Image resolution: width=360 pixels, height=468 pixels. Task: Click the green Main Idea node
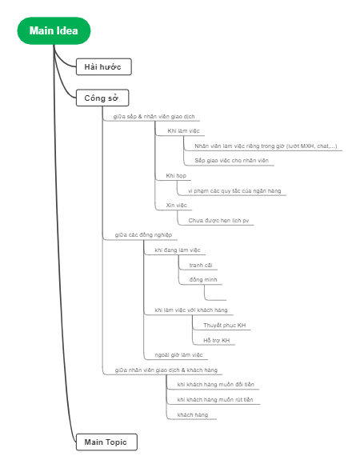click(54, 30)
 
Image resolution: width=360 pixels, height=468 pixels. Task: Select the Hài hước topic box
click(102, 66)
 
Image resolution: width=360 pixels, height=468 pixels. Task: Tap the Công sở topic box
click(102, 98)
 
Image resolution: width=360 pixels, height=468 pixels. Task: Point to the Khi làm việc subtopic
click(183, 130)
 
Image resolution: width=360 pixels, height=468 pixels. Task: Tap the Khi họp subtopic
click(177, 175)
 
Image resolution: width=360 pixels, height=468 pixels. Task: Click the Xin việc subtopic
click(177, 205)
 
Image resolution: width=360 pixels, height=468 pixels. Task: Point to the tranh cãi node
click(201, 265)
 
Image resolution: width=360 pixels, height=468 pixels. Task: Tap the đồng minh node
click(202, 280)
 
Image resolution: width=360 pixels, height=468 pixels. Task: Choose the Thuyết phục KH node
click(224, 326)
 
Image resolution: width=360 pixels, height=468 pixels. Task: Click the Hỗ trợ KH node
click(216, 341)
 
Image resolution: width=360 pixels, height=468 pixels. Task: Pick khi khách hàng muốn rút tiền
click(214, 399)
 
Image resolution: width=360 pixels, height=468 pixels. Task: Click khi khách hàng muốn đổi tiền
click(214, 385)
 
